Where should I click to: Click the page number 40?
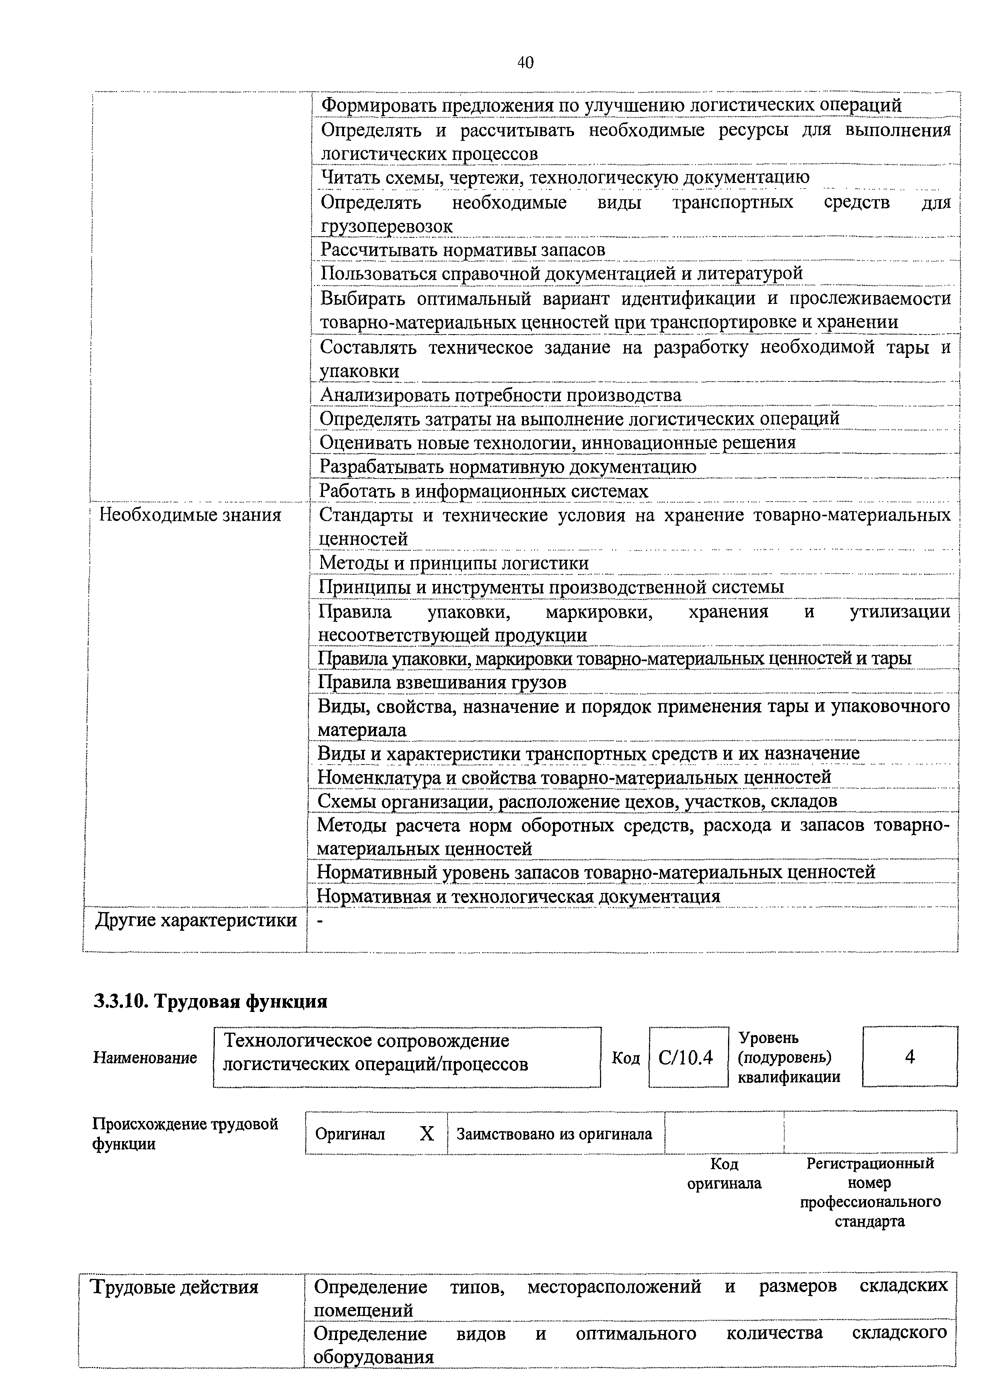[x=525, y=63]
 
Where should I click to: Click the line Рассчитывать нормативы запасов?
[x=463, y=250]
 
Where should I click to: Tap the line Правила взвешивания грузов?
[x=442, y=683]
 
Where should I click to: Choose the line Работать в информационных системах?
[x=484, y=491]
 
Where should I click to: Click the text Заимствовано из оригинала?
[x=554, y=1134]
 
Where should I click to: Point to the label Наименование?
[x=145, y=1058]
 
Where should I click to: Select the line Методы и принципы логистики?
[x=454, y=563]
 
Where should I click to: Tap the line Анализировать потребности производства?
[x=500, y=396]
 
